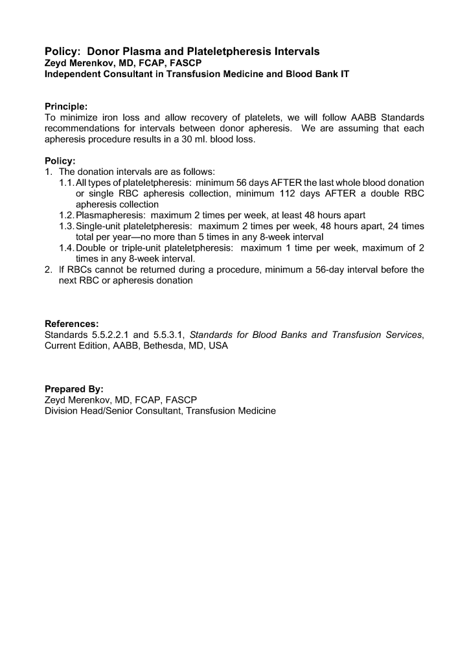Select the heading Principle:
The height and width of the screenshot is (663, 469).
(66, 106)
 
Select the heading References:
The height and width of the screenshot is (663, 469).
(72, 324)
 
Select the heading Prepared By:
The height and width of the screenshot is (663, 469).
(74, 389)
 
